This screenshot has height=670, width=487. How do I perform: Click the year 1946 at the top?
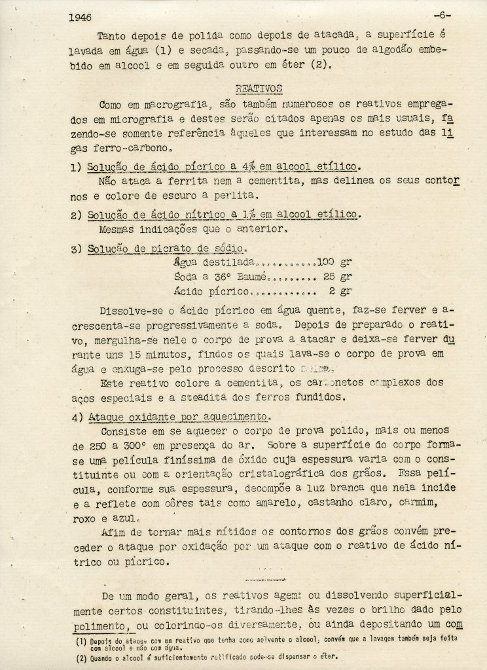(80, 18)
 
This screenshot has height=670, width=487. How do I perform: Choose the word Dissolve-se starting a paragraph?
(130, 309)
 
